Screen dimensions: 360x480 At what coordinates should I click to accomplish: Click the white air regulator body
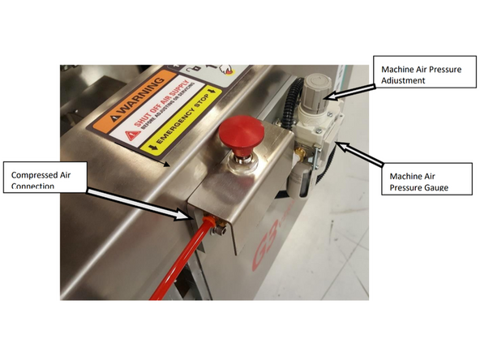[x=313, y=130]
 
